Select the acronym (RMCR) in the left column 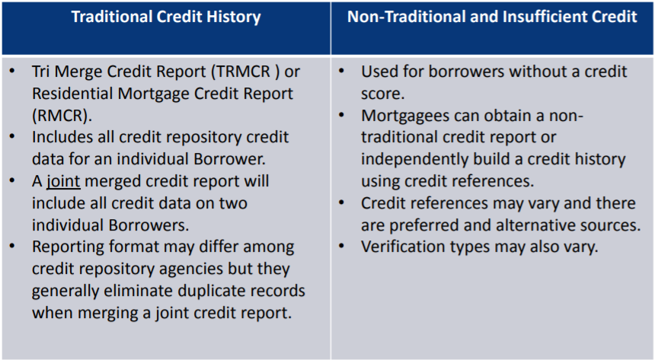[62, 116]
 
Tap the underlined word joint [63, 182]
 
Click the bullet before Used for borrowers [341, 72]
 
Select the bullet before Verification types [341, 247]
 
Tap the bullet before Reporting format [12, 247]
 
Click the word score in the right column [383, 94]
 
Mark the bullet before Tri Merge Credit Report [12, 72]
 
